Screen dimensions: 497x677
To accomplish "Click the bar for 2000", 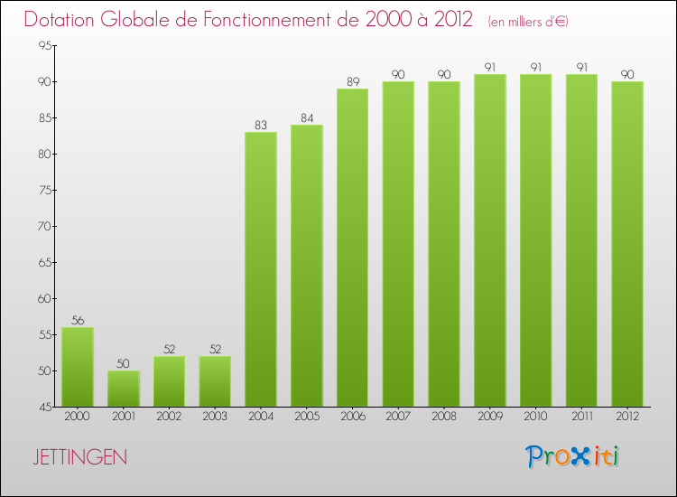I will point(78,367).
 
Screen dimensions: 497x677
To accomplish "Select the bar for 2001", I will point(124,389).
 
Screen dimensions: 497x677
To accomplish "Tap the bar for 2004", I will point(261,269).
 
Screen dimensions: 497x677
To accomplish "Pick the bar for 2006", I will point(352,248).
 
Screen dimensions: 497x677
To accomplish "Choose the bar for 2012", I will point(626,244).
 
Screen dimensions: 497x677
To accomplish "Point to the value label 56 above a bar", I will point(78,320).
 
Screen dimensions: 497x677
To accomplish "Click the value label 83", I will point(261,125).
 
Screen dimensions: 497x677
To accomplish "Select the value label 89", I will point(352,81).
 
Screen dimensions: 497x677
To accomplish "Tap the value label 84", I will point(306,117).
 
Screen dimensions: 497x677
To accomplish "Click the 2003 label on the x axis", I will point(215,416).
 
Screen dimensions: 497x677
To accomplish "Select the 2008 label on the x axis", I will point(443,416).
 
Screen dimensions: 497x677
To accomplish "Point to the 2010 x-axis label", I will point(535,416).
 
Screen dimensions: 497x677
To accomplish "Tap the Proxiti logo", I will point(572,456).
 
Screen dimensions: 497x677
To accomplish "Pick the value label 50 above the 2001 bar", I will point(124,363).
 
